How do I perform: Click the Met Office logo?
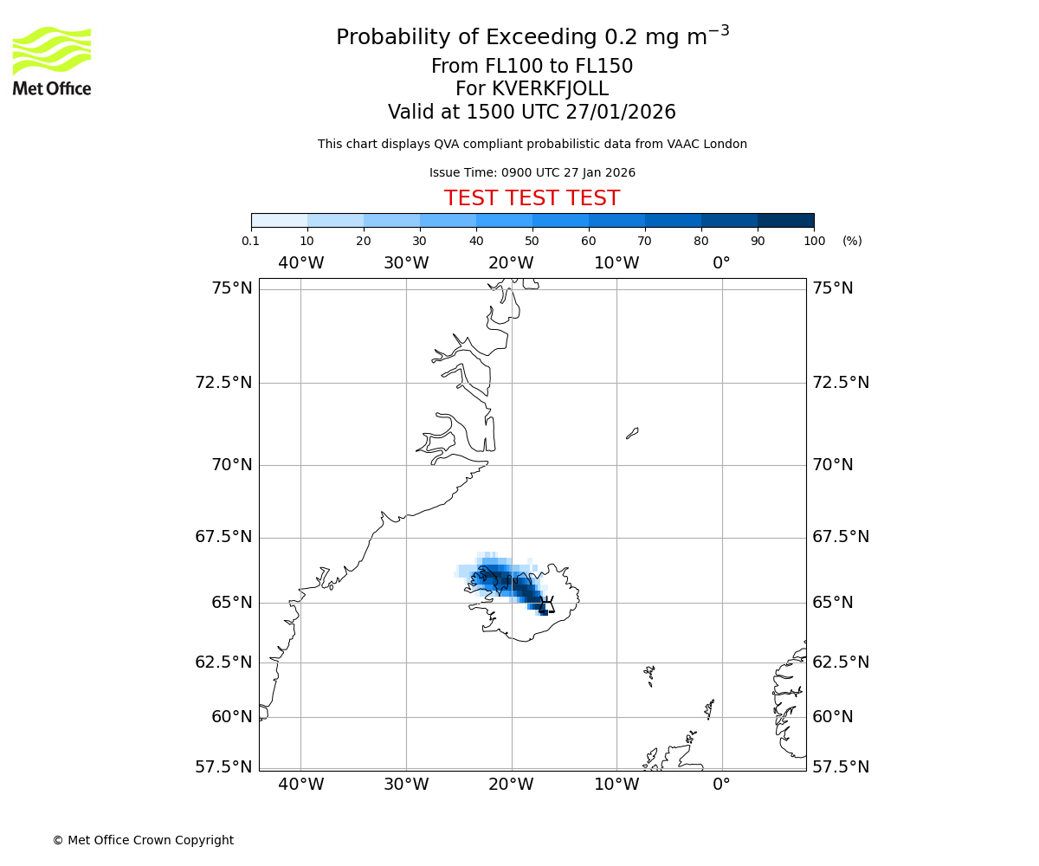click(52, 61)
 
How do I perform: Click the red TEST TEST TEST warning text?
click(532, 199)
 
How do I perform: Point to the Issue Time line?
click(532, 173)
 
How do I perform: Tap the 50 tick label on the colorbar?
click(532, 241)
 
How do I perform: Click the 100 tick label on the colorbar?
click(814, 241)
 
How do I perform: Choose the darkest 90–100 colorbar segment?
click(785, 220)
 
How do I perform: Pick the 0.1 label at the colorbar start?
click(251, 241)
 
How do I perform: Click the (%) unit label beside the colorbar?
click(852, 241)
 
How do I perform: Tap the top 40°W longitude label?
click(300, 262)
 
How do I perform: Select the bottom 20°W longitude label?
click(511, 785)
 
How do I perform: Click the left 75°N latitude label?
click(232, 288)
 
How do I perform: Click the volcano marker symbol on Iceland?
click(546, 604)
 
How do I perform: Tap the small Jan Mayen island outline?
click(632, 433)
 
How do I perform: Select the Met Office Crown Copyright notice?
click(143, 840)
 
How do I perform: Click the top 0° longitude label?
click(721, 262)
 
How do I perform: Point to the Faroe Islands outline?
click(649, 675)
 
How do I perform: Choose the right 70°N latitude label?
click(833, 465)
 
